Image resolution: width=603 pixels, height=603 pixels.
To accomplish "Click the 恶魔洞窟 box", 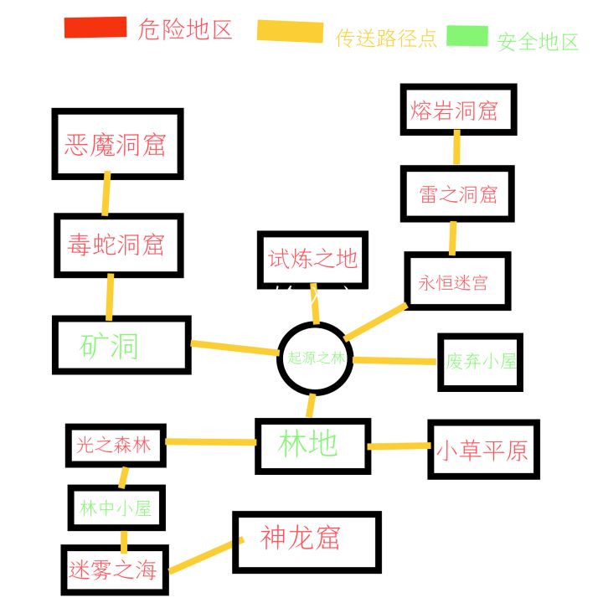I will [x=117, y=144].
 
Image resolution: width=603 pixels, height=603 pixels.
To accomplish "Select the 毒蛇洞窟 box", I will [x=118, y=245].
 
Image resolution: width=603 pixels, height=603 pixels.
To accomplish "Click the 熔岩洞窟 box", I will [x=457, y=110].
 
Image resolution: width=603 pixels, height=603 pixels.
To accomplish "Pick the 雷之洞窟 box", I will [x=456, y=194].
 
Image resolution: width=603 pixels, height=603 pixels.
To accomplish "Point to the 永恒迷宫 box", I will [x=456, y=281].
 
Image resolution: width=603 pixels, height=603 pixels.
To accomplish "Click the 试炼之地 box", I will [x=312, y=260].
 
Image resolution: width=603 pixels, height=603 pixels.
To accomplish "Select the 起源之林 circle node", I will [x=315, y=358].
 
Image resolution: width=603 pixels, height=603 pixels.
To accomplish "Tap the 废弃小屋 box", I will [x=481, y=362].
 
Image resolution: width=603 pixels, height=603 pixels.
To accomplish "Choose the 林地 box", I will [x=311, y=444].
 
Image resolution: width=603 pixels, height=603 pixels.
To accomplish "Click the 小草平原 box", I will [x=482, y=450].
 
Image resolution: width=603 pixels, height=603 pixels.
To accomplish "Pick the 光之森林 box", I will [x=116, y=445].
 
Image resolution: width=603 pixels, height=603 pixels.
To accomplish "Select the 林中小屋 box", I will [x=116, y=508].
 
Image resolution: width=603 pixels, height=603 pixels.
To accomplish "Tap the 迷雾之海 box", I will [x=114, y=571].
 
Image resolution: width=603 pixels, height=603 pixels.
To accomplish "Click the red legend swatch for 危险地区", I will [x=95, y=28].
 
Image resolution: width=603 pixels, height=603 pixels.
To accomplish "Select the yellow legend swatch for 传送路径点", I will [x=290, y=32].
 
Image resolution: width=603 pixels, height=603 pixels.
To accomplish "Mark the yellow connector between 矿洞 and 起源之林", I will [x=235, y=347].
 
